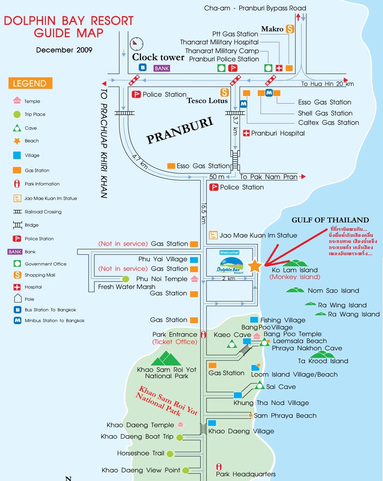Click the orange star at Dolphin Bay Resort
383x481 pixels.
254,266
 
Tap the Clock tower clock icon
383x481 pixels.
136,44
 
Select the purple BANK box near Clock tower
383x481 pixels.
162,68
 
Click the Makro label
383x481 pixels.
272,29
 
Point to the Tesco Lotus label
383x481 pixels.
207,101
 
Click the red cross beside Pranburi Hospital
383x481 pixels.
246,133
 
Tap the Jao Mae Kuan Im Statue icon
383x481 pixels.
213,235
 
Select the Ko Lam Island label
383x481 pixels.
294,270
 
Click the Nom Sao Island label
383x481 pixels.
333,291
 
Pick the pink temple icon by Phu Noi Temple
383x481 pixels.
195,279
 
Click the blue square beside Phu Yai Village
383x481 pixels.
194,260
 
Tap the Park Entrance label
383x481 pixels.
175,334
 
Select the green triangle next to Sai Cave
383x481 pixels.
260,385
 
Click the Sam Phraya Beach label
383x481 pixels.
285,415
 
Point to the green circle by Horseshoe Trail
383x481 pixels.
170,454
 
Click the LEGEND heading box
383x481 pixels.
30,83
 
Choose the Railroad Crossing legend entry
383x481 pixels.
43,212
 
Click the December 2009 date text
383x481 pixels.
64,50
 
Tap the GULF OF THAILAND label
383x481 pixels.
330,220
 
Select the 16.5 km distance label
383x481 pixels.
204,213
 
